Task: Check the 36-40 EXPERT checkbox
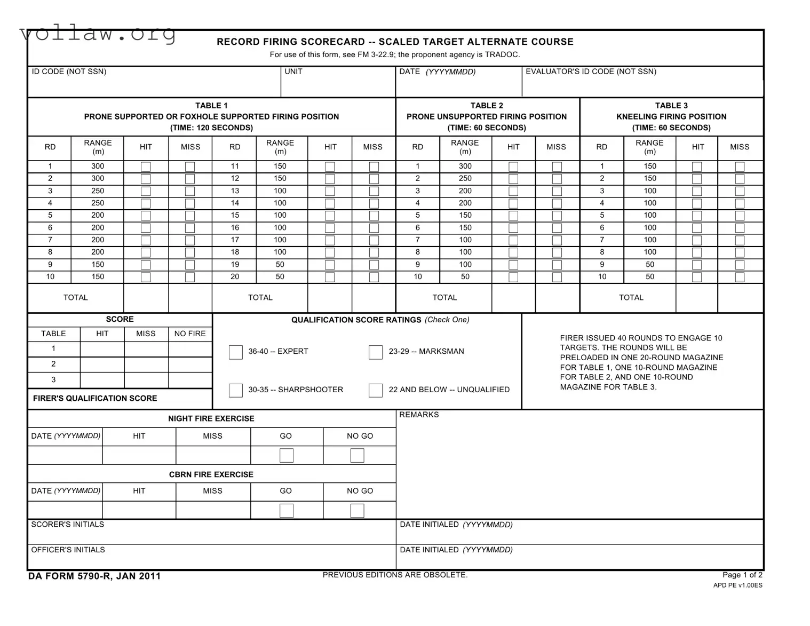click(x=235, y=352)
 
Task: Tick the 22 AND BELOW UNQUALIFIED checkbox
click(x=376, y=391)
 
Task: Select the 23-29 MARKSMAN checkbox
click(x=376, y=352)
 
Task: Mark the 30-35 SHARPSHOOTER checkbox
click(x=235, y=391)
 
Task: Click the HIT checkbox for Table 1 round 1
click(x=146, y=167)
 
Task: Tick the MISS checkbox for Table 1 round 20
click(x=374, y=278)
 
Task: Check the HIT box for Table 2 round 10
click(x=513, y=278)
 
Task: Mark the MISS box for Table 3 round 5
click(x=740, y=216)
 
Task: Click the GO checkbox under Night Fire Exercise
click(x=287, y=455)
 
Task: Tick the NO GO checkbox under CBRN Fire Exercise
click(x=358, y=511)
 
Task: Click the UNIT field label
click(x=293, y=72)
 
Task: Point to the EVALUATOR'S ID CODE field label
click(x=591, y=72)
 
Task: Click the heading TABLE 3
click(x=671, y=106)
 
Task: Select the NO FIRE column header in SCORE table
click(x=190, y=334)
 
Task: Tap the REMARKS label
click(x=419, y=415)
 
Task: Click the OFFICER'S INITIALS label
click(x=68, y=550)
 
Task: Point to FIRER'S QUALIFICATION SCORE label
click(x=95, y=399)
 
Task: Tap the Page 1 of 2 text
click(x=742, y=575)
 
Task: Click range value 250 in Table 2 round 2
click(x=465, y=179)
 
